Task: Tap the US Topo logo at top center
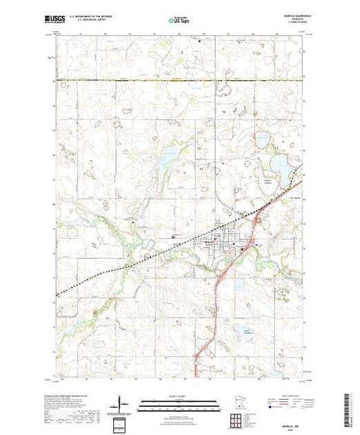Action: point(179,21)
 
